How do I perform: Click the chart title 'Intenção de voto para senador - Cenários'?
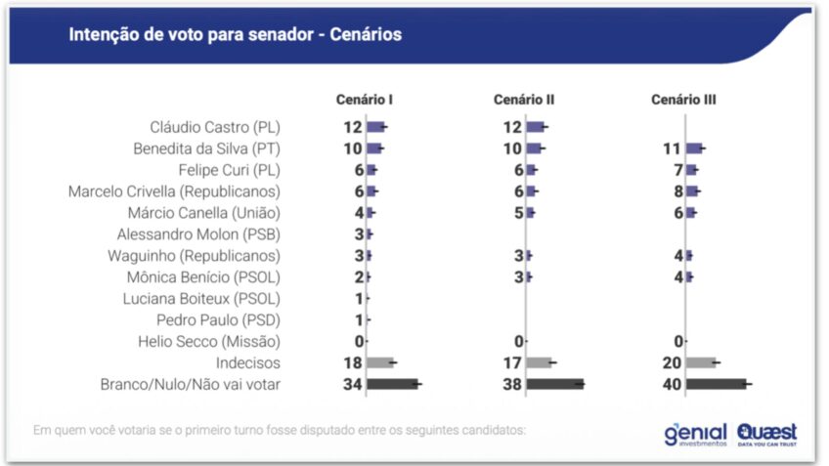click(235, 35)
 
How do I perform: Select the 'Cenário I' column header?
click(365, 100)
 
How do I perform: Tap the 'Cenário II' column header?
click(524, 100)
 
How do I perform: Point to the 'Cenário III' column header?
click(684, 100)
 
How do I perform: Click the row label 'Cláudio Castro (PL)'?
click(215, 127)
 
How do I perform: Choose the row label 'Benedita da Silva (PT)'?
click(206, 148)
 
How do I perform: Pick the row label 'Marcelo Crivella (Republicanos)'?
click(174, 191)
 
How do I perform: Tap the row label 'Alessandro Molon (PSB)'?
click(198, 233)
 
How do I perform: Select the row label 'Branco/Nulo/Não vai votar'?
click(191, 384)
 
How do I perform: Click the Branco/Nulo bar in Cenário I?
click(392, 384)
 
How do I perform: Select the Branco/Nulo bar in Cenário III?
click(716, 384)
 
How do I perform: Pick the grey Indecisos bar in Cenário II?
click(538, 362)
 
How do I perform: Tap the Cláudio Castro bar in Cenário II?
click(535, 127)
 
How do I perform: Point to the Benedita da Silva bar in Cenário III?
click(693, 148)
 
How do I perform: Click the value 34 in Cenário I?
click(353, 384)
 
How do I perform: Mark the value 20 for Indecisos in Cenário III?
click(673, 362)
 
